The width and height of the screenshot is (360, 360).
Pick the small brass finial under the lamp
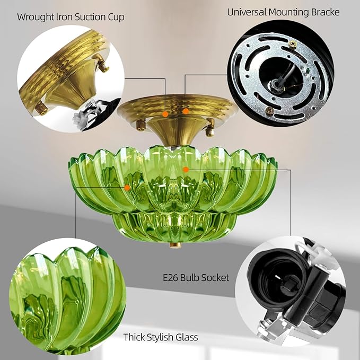pos(173,245)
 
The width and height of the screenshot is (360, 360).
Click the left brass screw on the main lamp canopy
pos(141,125)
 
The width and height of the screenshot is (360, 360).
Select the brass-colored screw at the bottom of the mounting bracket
pos(270,111)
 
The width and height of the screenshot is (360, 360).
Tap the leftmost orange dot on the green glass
pos(127,187)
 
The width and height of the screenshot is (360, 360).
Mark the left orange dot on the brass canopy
pos(165,113)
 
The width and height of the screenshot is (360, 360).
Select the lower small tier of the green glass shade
pos(173,225)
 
